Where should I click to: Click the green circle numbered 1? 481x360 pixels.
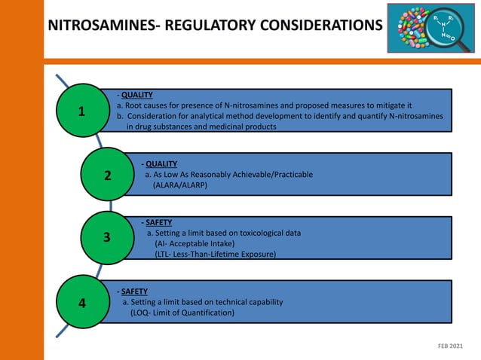tap(81, 111)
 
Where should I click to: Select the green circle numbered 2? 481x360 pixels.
tap(108, 175)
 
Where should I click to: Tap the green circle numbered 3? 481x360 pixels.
tap(107, 238)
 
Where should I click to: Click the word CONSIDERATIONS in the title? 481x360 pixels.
tap(320, 26)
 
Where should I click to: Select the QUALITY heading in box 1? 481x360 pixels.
tap(136, 96)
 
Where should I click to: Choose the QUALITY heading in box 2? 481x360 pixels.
tap(161, 163)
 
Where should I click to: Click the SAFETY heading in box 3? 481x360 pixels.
tap(158, 223)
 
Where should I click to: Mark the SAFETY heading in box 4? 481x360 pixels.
tap(133, 291)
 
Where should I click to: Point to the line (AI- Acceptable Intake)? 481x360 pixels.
tap(195, 244)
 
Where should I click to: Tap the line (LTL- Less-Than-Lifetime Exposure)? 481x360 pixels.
tap(215, 255)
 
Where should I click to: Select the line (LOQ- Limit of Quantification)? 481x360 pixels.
tap(182, 313)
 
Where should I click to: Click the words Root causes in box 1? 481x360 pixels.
tap(148, 106)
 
